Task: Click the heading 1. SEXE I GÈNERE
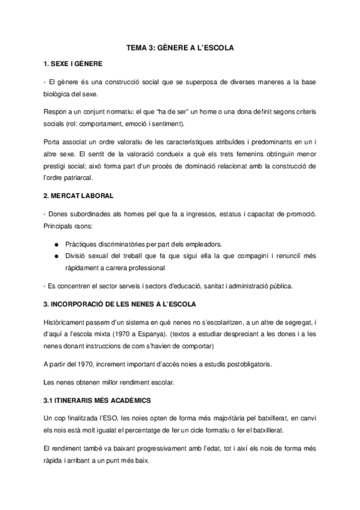pos(73,63)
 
